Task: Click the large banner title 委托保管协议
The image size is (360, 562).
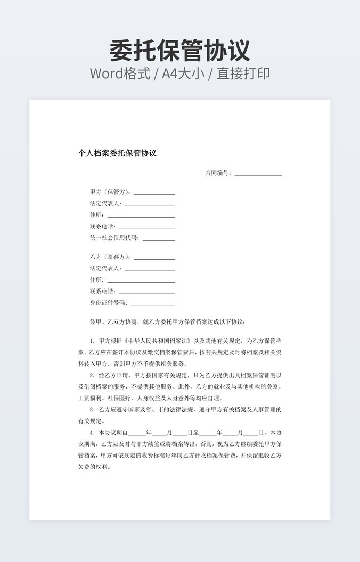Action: pyautogui.click(x=179, y=50)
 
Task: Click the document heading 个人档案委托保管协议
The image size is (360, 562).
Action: pyautogui.click(x=117, y=153)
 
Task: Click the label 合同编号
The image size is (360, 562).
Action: pyautogui.click(x=218, y=173)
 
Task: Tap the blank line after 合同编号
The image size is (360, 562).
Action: pyautogui.click(x=258, y=174)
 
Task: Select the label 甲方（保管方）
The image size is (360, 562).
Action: pyautogui.click(x=110, y=192)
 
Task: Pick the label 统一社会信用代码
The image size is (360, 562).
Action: pyautogui.click(x=114, y=238)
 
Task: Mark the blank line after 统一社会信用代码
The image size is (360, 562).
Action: pyautogui.click(x=158, y=239)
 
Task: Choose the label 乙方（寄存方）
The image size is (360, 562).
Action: pyautogui.click(x=110, y=257)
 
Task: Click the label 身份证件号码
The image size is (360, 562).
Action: pyautogui.click(x=109, y=303)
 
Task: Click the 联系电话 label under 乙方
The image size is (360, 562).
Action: pyautogui.click(x=103, y=292)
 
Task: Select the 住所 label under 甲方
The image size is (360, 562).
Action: pyautogui.click(x=97, y=215)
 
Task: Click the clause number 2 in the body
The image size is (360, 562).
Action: pyautogui.click(x=92, y=375)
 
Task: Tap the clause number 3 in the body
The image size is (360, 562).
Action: pyautogui.click(x=92, y=410)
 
